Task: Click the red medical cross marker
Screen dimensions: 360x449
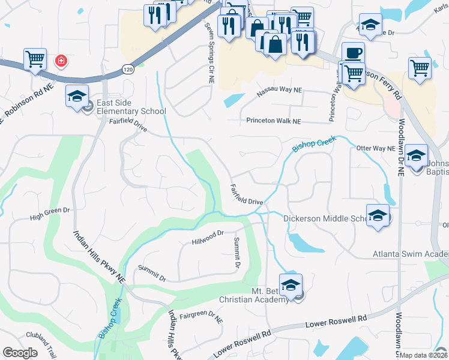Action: (x=61, y=61)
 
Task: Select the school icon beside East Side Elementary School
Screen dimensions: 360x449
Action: (x=77, y=97)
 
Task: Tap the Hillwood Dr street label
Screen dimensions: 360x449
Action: (x=208, y=237)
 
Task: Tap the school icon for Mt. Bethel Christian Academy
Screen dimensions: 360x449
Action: (x=291, y=285)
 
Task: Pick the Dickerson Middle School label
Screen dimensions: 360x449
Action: (x=324, y=218)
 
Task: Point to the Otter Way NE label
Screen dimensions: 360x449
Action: (x=376, y=148)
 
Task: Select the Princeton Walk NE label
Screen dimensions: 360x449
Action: (x=273, y=121)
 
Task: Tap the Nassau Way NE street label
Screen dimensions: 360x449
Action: (x=279, y=92)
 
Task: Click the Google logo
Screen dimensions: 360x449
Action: (x=20, y=352)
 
